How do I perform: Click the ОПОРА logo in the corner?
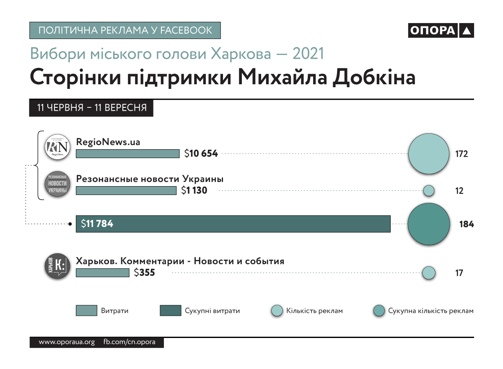click(441, 31)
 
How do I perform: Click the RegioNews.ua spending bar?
click(127, 154)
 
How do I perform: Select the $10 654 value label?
click(201, 154)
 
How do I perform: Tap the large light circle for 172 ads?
click(428, 154)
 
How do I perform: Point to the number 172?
click(462, 154)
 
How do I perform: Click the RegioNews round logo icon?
click(57, 147)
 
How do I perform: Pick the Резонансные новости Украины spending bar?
click(126, 191)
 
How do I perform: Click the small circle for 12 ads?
click(428, 191)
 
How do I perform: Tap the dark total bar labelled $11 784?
click(233, 224)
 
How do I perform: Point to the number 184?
click(467, 224)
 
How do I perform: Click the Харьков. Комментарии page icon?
click(57, 266)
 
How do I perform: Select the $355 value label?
click(145, 273)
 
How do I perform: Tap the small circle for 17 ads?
click(428, 273)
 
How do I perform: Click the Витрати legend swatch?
click(86, 311)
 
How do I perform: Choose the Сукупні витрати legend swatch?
click(171, 311)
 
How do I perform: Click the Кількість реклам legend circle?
click(277, 311)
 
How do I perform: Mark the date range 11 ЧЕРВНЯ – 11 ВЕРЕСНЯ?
click(92, 108)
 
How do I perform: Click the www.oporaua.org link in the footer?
click(67, 342)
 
